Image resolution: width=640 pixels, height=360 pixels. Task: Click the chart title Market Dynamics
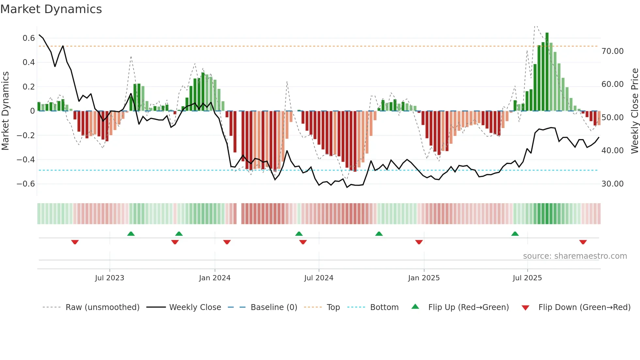point(51,9)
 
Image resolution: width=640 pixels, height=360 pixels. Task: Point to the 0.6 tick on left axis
point(29,38)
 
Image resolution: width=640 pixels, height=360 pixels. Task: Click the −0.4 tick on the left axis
point(26,160)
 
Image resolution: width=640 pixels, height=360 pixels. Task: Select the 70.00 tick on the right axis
point(612,51)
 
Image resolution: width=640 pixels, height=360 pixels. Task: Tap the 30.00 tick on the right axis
point(612,184)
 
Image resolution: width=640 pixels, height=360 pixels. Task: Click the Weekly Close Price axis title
point(634,111)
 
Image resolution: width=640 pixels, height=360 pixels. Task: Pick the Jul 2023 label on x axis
point(110,278)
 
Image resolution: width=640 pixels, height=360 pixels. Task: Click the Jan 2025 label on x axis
point(424,278)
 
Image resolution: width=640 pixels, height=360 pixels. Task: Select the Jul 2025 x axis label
point(527,278)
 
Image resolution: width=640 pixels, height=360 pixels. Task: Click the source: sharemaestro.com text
point(575,256)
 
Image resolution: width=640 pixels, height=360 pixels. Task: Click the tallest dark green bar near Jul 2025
point(547,72)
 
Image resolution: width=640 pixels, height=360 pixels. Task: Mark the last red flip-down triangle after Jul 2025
point(583,242)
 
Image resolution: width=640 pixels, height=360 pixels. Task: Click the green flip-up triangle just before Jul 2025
point(515,234)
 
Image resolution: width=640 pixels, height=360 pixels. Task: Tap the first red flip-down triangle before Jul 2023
point(75,242)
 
